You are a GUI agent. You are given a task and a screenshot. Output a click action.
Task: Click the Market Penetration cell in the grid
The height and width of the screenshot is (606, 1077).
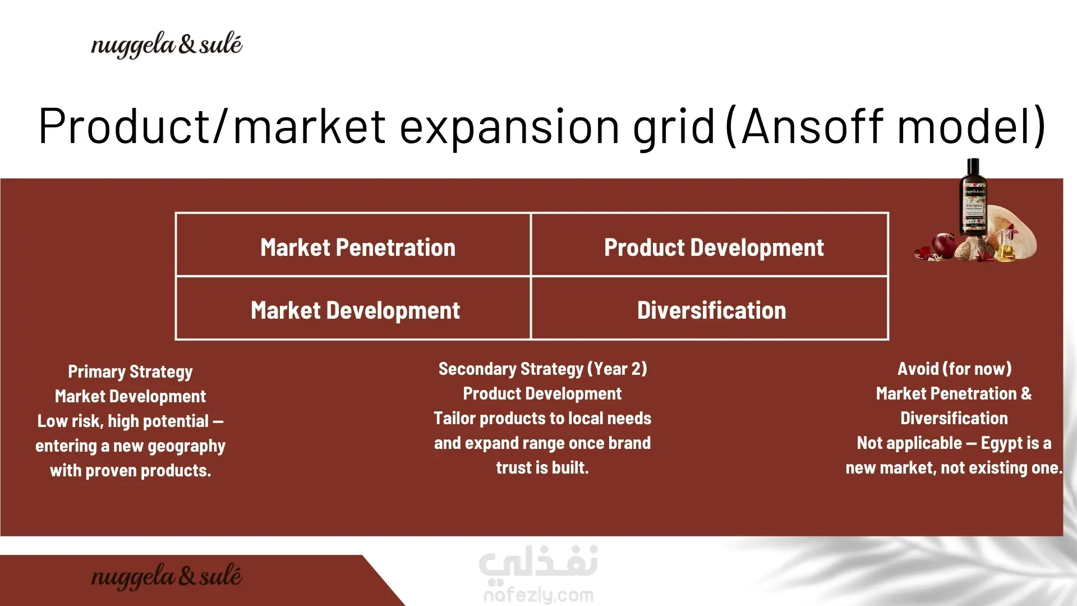(353, 245)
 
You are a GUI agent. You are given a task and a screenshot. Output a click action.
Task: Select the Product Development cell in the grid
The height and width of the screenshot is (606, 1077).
(710, 245)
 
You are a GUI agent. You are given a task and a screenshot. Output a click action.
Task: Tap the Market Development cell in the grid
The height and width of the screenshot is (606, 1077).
(353, 308)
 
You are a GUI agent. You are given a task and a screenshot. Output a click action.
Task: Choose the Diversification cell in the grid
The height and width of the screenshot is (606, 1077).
(710, 308)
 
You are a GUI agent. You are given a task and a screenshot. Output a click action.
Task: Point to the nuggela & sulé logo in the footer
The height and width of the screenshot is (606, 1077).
(167, 576)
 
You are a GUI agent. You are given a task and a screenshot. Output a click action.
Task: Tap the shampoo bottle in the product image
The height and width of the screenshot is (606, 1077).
(973, 198)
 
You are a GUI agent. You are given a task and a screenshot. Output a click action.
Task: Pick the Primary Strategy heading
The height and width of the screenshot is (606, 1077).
(130, 371)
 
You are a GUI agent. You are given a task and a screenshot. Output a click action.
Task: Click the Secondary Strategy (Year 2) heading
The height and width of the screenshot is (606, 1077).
(542, 369)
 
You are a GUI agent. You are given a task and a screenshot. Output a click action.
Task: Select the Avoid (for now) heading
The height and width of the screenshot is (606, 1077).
(954, 369)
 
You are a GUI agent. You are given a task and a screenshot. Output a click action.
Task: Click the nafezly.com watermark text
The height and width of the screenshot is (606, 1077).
(538, 595)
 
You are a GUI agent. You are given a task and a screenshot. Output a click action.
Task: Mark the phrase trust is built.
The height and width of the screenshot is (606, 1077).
(542, 467)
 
